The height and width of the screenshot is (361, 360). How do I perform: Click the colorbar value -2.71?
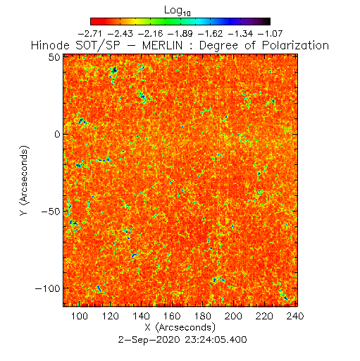coord(90,34)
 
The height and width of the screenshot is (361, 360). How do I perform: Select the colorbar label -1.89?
coord(180,34)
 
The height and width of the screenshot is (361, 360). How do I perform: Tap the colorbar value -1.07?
coord(270,34)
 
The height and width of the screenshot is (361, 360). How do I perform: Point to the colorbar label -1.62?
coord(210,34)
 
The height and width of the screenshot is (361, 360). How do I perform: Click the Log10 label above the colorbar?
coord(178,11)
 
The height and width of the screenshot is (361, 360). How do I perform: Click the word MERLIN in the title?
coord(162,45)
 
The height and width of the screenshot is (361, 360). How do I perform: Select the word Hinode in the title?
coord(50,45)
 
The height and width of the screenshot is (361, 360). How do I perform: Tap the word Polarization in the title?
coord(295,45)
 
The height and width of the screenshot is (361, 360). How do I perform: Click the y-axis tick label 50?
coord(54,57)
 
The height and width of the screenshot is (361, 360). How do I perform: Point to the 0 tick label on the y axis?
coord(58,135)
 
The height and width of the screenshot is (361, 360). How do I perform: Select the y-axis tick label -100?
coord(48,288)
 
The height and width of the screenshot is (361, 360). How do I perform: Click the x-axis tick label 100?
coord(80,316)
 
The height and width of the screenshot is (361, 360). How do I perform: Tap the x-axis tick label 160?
coord(172,316)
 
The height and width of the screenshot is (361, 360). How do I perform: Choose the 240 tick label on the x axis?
coord(295,316)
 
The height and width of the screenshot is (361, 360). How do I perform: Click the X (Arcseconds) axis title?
coord(180,327)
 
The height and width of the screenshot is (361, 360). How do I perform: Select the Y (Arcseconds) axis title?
coord(25,180)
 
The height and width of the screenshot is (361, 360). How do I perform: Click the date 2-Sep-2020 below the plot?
coord(149,340)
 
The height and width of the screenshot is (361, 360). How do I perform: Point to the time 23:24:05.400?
coord(216,340)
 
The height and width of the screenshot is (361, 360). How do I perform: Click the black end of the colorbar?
coord(266,21)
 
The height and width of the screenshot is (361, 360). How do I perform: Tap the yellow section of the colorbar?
coord(136,21)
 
